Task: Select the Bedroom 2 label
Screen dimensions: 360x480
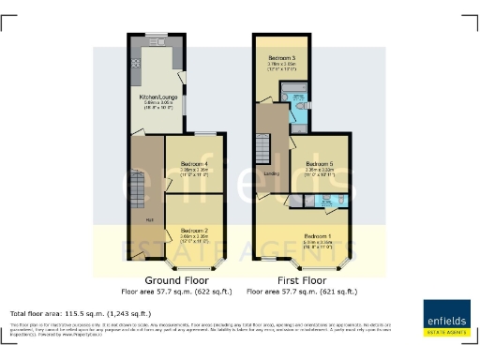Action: point(194,230)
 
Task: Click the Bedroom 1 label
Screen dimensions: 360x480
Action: point(318,235)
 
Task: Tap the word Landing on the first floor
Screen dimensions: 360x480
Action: point(273,173)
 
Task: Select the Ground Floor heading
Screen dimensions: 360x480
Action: point(175,280)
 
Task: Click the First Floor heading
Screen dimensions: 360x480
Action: point(302,280)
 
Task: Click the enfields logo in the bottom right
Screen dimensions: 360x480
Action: point(448,316)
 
